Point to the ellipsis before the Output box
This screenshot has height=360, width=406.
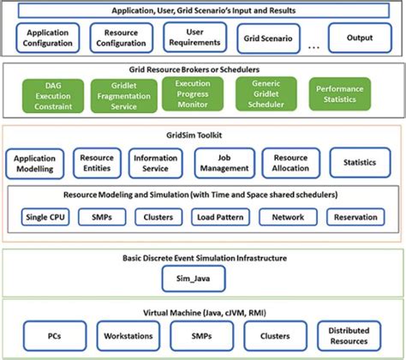click(313, 45)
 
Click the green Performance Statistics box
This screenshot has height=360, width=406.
click(339, 94)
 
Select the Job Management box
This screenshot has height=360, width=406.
click(221, 163)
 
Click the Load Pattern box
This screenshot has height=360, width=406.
click(218, 217)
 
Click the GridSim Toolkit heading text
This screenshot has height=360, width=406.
click(203, 135)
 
